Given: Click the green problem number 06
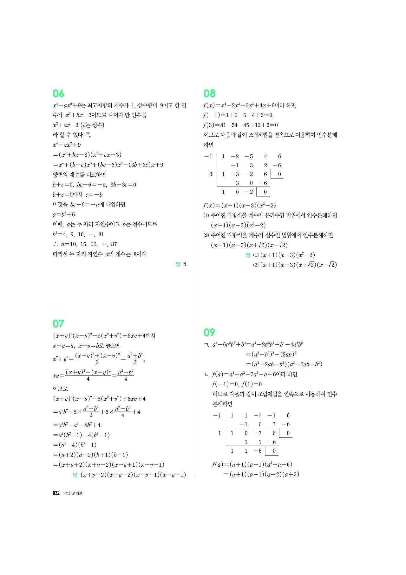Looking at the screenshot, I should click(58, 93).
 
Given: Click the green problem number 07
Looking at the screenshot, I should click(58, 324).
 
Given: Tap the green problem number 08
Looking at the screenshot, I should click(209, 93).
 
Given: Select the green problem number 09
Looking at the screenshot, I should click(209, 332).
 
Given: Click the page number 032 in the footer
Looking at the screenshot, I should click(56, 493).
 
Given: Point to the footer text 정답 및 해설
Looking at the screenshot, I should click(73, 493).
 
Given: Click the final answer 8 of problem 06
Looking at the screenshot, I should click(185, 264).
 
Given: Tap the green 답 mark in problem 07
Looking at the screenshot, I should click(75, 475).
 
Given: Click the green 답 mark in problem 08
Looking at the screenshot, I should click(248, 255).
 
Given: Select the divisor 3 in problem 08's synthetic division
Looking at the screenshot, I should click(211, 174).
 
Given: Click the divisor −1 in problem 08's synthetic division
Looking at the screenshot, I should click(208, 156).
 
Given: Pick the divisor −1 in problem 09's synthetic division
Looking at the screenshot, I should click(217, 416).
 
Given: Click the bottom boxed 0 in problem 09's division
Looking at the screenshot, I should click(274, 451).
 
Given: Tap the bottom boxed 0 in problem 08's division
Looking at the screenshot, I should click(265, 192).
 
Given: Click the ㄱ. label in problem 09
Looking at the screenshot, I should click(207, 344).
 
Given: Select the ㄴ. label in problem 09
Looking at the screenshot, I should click(207, 375).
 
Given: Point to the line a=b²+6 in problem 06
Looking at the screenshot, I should click(64, 214).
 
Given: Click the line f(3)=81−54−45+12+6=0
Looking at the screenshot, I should click(240, 125).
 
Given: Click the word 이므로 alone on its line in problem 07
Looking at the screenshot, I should click(60, 389).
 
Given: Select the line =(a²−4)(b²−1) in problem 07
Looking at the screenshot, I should click(75, 445).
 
